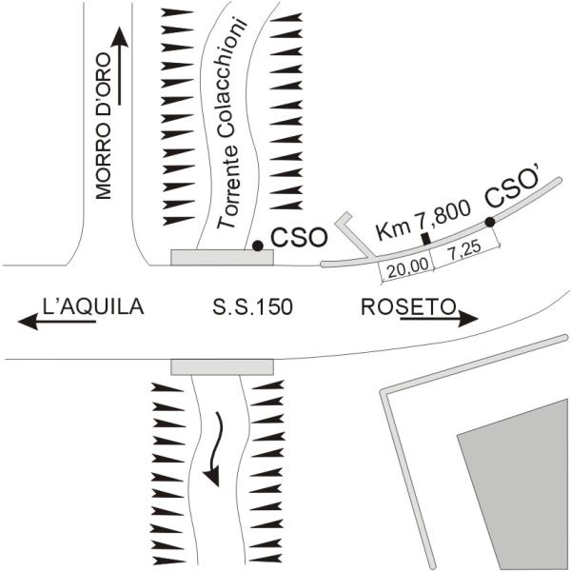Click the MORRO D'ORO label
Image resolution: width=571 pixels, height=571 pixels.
click(103, 126)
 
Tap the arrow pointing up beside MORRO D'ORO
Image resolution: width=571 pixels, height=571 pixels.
click(119, 66)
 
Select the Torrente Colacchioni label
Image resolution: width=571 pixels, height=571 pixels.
click(230, 123)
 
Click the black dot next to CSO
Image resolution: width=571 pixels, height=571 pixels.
click(258, 246)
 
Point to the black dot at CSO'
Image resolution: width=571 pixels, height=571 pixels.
click(490, 222)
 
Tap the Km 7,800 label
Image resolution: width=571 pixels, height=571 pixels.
click(423, 220)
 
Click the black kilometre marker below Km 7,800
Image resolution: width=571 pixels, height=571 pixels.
click(425, 239)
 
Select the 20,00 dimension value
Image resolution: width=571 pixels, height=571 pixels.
click(407, 268)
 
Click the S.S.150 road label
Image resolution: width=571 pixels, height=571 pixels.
click(252, 306)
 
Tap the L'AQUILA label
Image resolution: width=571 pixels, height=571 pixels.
click(93, 306)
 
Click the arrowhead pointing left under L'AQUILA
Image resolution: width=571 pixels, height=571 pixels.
click(28, 322)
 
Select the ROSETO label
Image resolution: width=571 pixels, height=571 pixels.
click(408, 307)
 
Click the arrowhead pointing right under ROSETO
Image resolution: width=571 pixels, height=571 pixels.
click(467, 319)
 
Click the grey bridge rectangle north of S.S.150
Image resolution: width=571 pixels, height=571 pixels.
click(222, 258)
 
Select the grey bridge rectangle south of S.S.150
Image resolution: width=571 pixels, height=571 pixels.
click(222, 367)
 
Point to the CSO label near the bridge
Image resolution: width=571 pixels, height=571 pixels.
click(299, 238)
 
